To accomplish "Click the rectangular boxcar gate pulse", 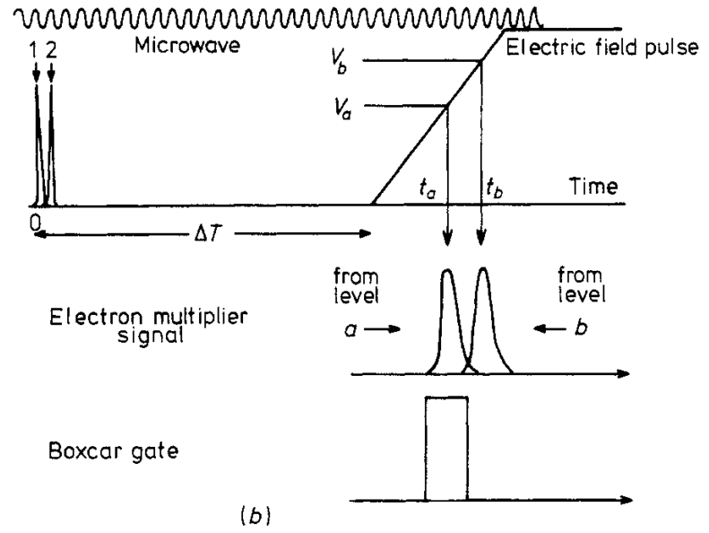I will (446, 447).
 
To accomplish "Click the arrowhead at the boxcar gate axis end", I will (629, 498).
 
